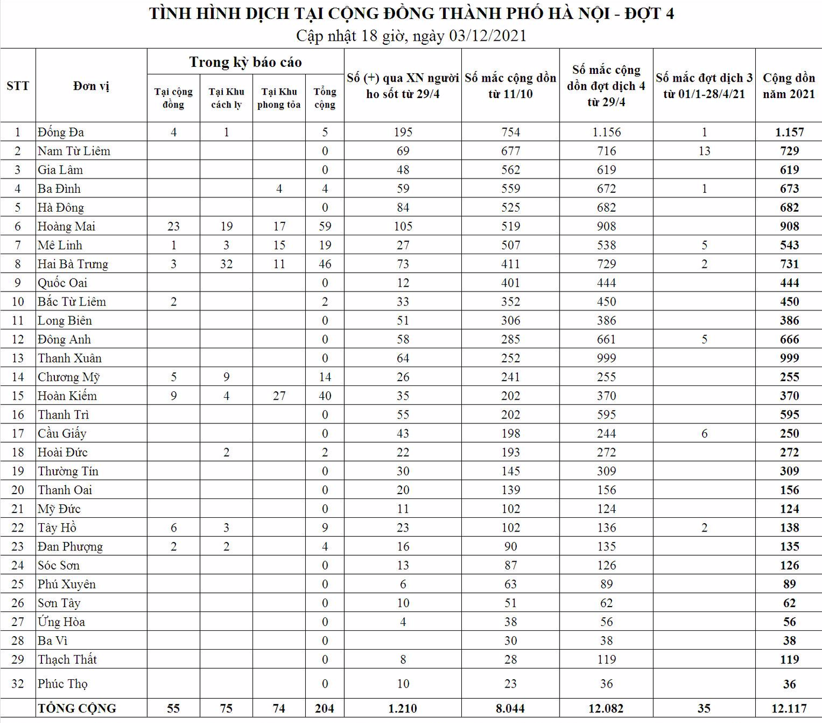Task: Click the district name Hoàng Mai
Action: click(x=66, y=226)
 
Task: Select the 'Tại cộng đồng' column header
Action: click(x=173, y=98)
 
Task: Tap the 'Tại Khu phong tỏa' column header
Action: click(x=279, y=98)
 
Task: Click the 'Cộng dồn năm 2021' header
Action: click(x=788, y=86)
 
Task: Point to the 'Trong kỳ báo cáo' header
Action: click(x=245, y=62)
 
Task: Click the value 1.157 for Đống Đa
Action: click(x=789, y=132)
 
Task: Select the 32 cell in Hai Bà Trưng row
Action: click(x=226, y=264)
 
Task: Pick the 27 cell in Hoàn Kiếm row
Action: click(x=279, y=396)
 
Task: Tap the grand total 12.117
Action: click(x=789, y=708)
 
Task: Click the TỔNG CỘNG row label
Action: click(x=77, y=708)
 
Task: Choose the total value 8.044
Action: click(x=510, y=708)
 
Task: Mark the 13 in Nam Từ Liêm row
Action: click(x=704, y=151)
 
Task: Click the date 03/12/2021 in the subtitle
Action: click(x=488, y=36)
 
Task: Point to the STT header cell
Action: click(x=18, y=86)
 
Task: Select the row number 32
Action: click(x=18, y=684)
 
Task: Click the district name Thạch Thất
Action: click(x=67, y=660)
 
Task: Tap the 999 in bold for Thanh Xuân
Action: click(x=789, y=358)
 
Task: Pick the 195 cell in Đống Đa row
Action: click(x=403, y=132)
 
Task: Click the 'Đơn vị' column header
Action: click(x=91, y=86)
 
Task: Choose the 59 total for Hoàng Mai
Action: click(x=325, y=226)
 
